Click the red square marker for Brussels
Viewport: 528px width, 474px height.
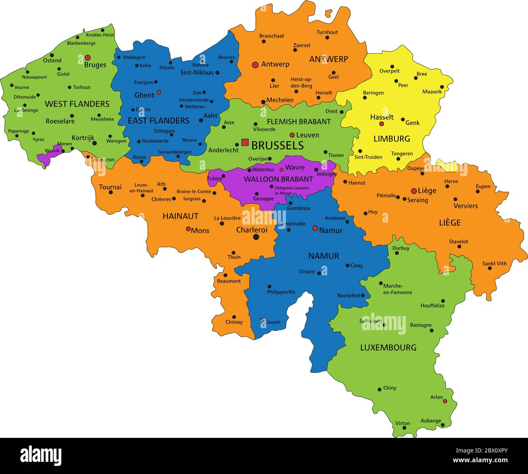[x=245, y=142]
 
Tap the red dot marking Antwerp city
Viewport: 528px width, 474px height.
[x=255, y=65]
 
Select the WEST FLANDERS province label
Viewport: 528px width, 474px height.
[x=77, y=104]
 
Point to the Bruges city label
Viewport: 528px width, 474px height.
[x=95, y=65]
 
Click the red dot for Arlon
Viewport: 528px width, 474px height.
[x=445, y=401]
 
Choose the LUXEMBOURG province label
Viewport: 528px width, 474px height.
[x=388, y=348]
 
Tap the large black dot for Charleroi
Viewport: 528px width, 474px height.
[x=256, y=237]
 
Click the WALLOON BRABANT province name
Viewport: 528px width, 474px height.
[x=278, y=179]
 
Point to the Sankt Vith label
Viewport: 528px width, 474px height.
[x=494, y=264]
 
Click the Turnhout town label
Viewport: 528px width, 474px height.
[x=327, y=32]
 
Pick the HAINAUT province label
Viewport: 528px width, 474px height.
[x=180, y=216]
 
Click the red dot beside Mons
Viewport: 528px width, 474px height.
[x=188, y=229]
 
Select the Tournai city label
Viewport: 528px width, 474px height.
[x=110, y=187]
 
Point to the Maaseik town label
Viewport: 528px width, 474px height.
[x=432, y=92]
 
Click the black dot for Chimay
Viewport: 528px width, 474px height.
[x=234, y=317]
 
